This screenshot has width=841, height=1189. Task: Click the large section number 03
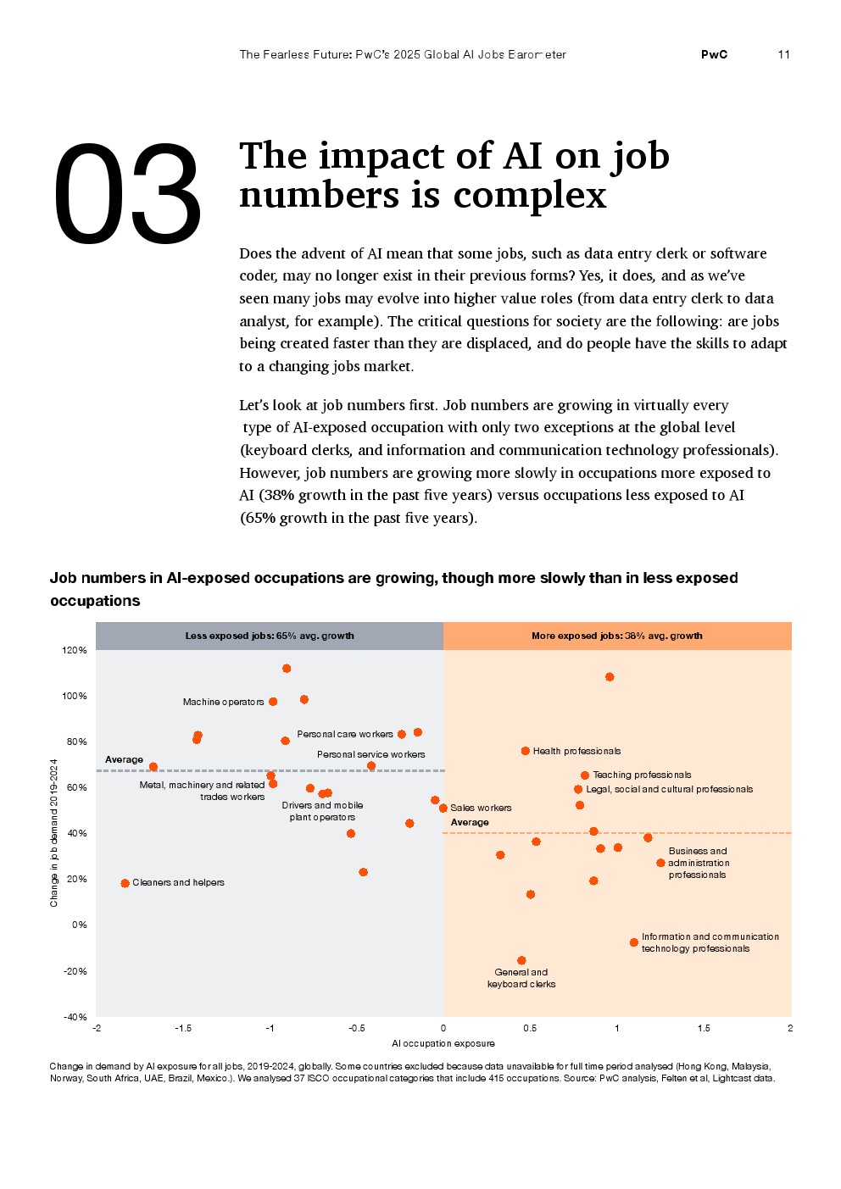[x=127, y=195]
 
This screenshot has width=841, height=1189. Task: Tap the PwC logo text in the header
[x=714, y=54]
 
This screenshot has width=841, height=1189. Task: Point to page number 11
[x=783, y=54]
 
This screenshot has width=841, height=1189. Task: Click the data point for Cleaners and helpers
[x=125, y=883]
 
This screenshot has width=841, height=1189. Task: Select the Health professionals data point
[x=526, y=751]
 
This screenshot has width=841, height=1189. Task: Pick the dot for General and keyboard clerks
[x=521, y=960]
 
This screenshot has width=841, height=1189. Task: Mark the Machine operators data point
[x=273, y=702]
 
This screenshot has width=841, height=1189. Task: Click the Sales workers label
[x=481, y=808]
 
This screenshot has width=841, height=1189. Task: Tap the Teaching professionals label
[x=642, y=775]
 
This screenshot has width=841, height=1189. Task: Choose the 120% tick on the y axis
[x=75, y=650]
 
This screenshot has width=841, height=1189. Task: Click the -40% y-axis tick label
[x=75, y=1016]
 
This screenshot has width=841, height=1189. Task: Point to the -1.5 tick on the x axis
[x=183, y=1028]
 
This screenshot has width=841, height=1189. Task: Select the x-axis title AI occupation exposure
[x=443, y=1043]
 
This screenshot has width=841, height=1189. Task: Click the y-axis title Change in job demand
[x=54, y=832]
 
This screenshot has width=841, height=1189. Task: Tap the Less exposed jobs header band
[x=270, y=636]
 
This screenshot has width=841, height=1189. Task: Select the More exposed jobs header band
[x=617, y=636]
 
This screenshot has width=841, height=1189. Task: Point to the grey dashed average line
[x=254, y=770]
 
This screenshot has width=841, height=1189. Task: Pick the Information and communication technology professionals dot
[x=634, y=942]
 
